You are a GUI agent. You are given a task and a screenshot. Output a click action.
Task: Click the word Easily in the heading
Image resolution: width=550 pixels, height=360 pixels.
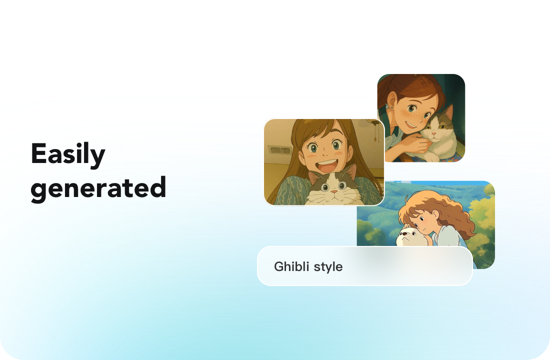(x=68, y=154)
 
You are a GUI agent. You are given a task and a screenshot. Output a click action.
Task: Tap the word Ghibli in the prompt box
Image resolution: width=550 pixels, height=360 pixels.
(x=291, y=266)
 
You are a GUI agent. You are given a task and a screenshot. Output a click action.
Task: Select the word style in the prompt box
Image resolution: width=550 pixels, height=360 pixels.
(x=328, y=267)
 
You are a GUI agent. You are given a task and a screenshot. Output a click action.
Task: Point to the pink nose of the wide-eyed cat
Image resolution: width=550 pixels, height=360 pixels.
(x=334, y=191)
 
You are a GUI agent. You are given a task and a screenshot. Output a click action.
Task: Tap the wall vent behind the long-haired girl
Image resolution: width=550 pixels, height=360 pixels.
(x=280, y=150)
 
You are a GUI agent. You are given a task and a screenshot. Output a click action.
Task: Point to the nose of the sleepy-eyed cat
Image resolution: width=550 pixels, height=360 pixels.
(x=433, y=133)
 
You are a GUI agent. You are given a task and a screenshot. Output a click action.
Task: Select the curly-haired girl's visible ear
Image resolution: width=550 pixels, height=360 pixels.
(x=434, y=213)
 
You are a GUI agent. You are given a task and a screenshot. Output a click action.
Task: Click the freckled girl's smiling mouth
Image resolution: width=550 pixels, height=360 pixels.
(x=411, y=124)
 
